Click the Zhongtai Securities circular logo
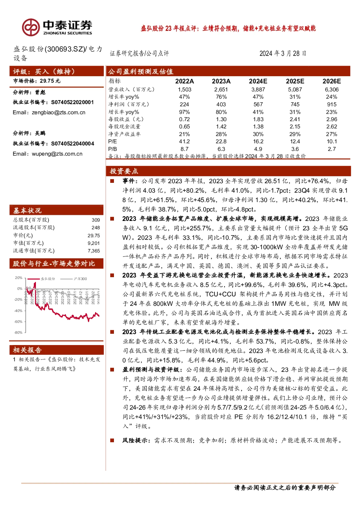(31, 27)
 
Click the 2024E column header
(258, 81)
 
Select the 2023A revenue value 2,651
(221, 90)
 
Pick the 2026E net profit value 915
(332, 104)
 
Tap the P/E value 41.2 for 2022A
(184, 141)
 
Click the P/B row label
(112, 149)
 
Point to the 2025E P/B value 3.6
(295, 149)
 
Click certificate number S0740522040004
(73, 144)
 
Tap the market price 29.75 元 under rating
(50, 81)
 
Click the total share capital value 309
(96, 220)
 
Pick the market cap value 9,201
(94, 243)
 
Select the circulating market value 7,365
(94, 251)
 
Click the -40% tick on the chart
(18, 311)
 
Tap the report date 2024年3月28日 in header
(283, 53)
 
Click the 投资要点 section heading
(124, 171)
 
